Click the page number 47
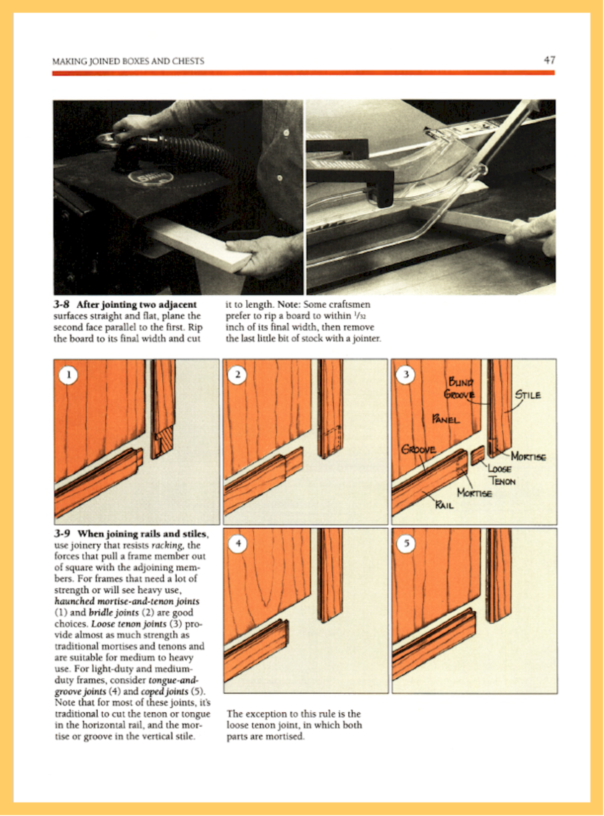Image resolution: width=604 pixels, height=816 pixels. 549,60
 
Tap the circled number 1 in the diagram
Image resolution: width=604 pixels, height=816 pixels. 68,375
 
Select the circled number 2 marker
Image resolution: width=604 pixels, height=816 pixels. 237,375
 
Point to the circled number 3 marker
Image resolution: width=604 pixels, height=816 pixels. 406,374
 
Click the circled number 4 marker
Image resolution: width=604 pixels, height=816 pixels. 238,544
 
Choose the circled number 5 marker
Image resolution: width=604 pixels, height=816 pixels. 406,544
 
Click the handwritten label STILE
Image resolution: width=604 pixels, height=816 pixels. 528,395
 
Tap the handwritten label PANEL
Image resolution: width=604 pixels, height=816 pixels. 446,419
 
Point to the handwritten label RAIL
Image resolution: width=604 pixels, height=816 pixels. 444,505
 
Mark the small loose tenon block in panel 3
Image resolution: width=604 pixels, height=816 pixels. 477,456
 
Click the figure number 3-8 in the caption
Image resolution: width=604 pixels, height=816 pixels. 62,305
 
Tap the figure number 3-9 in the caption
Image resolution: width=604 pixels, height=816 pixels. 62,534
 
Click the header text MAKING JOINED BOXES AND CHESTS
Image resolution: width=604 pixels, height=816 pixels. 128,61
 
